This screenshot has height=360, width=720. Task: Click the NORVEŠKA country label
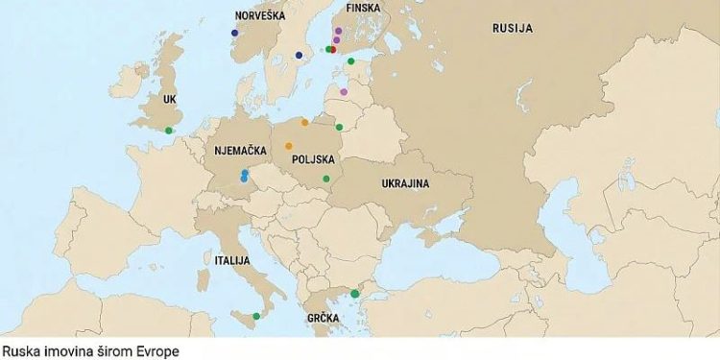coord(259,16)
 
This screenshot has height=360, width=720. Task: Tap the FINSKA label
coord(363,8)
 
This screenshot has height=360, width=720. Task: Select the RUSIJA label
coord(512,29)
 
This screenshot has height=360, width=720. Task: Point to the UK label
coord(169,99)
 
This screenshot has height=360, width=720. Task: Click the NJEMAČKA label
coord(239,150)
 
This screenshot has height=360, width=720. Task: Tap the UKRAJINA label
coord(404,183)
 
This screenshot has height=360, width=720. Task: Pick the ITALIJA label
coord(232,260)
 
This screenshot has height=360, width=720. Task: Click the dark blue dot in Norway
coord(234,33)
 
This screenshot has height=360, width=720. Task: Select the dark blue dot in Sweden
coord(299,55)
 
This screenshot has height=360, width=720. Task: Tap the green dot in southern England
coord(169,131)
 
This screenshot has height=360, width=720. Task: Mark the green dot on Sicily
coord(255,316)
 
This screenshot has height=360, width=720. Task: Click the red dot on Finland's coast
coord(333,49)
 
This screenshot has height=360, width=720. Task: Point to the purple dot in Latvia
coord(344,92)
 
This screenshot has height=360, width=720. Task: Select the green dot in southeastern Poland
coord(326,179)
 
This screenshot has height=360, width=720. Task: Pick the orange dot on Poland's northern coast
coord(305,122)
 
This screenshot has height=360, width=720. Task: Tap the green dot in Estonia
coord(351,61)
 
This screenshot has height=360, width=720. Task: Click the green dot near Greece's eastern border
coord(354,293)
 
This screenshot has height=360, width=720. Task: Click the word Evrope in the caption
coord(158,351)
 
